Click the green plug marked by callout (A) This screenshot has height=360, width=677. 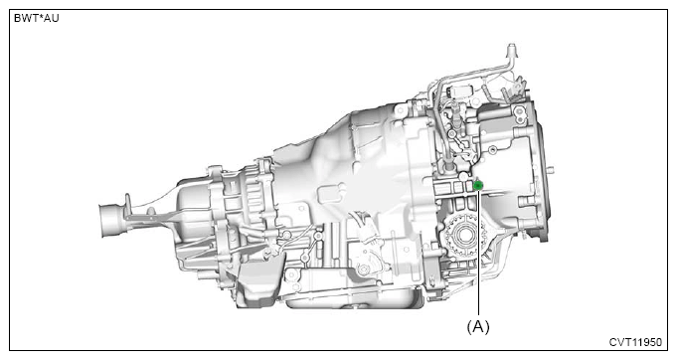(x=478, y=186)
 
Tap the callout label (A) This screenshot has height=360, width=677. (x=478, y=327)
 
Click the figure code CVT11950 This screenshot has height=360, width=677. (x=635, y=342)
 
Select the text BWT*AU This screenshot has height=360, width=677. (x=36, y=18)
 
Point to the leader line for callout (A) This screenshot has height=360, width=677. (x=478, y=253)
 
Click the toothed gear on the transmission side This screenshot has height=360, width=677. (x=464, y=236)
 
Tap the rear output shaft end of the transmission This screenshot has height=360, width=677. (x=110, y=220)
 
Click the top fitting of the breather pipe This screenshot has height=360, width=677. (x=511, y=49)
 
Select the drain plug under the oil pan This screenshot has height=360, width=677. (x=355, y=307)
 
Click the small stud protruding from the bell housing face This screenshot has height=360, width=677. (x=552, y=169)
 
